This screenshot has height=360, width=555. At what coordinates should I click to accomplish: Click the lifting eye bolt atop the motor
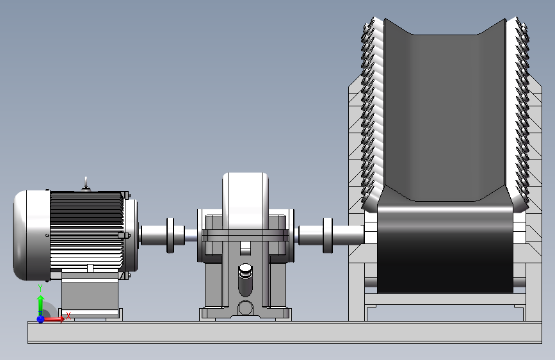click(86, 184)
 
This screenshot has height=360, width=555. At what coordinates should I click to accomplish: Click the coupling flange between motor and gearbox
click(170, 235)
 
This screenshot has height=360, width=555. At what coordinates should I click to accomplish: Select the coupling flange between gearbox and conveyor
click(328, 235)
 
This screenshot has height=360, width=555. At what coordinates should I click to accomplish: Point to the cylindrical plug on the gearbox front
click(246, 279)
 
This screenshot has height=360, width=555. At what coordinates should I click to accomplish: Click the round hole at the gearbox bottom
click(245, 308)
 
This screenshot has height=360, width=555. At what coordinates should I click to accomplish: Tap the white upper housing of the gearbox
click(245, 201)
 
